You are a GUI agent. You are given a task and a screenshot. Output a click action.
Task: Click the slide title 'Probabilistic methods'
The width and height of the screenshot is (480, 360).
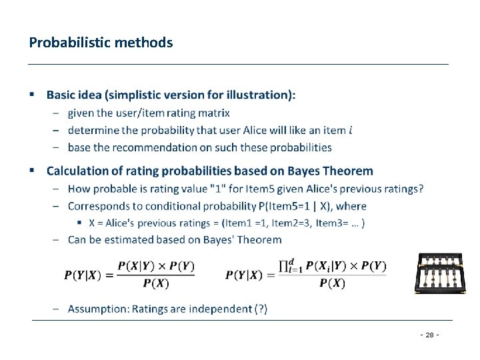[101, 43]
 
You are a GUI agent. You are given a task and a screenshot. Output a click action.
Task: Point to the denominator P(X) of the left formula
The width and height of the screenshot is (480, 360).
[156, 283]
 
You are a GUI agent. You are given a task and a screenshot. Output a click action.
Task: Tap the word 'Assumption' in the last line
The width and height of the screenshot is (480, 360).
[97, 309]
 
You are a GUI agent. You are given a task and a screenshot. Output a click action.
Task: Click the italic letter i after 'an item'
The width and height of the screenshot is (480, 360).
[351, 130]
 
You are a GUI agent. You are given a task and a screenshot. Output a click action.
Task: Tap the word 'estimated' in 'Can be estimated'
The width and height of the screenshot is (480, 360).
[122, 239]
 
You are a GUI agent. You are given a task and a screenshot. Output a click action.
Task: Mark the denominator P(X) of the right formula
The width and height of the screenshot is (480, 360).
[332, 283]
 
